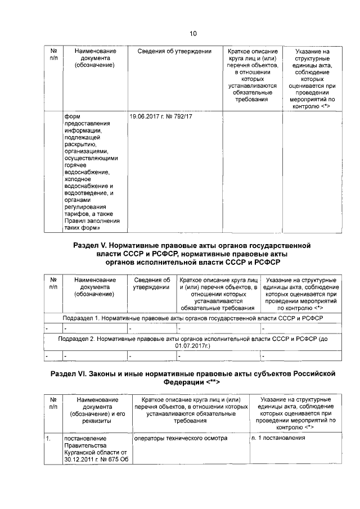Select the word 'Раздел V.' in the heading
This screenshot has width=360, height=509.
pos(89,246)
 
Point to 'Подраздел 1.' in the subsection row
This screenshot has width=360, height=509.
pos(81,318)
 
